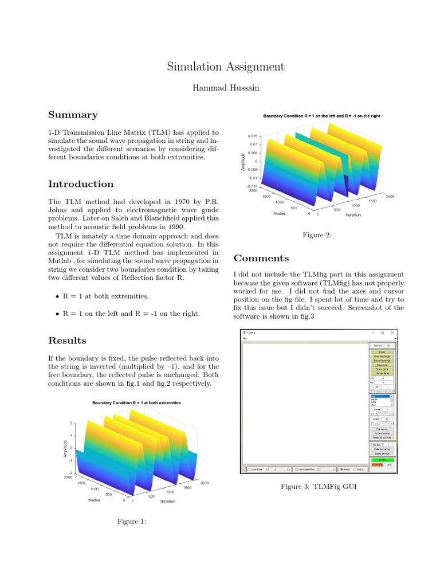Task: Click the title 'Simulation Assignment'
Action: click(x=225, y=66)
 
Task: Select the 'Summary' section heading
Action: click(x=73, y=115)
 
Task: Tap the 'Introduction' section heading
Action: click(x=81, y=184)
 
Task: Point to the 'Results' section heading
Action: click(x=67, y=341)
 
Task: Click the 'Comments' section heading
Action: click(x=261, y=258)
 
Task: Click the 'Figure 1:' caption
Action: click(x=132, y=521)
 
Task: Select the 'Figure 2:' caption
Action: click(x=317, y=235)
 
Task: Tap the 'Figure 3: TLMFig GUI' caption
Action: click(x=315, y=487)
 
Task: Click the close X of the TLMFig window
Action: click(x=392, y=332)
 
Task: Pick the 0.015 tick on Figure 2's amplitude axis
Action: click(x=253, y=136)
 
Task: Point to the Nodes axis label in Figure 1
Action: click(x=95, y=500)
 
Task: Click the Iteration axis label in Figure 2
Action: click(x=353, y=215)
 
